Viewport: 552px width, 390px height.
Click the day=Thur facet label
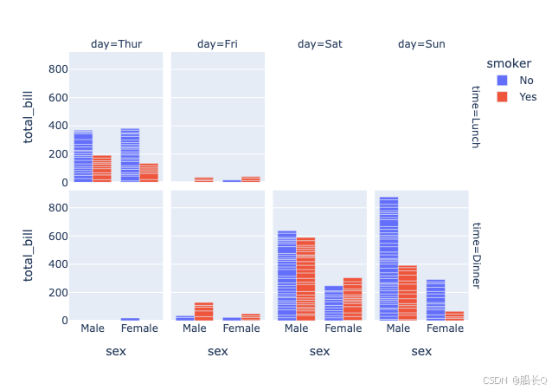tap(117, 44)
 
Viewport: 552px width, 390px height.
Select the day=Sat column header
tap(320, 44)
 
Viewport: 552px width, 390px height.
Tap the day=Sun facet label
tap(421, 44)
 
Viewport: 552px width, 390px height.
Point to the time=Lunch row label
tap(475, 117)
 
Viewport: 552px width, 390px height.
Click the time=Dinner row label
tap(475, 256)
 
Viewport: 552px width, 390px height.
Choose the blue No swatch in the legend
tap(502, 81)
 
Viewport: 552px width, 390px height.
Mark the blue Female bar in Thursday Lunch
tap(130, 155)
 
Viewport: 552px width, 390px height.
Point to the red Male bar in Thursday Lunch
tap(102, 169)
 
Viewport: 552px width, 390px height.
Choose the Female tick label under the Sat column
tap(343, 329)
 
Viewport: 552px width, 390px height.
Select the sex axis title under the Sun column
tap(421, 351)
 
